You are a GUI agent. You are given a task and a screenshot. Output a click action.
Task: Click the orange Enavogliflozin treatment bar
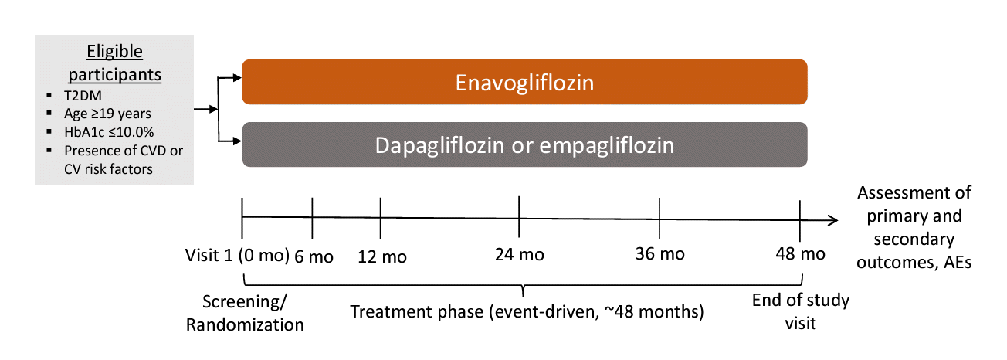524,82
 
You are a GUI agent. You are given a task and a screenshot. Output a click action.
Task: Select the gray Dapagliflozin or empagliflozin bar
524,144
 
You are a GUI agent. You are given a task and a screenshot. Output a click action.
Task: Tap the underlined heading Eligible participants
114,63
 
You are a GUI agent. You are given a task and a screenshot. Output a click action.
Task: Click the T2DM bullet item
83,95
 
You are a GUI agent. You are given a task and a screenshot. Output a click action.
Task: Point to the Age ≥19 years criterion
107,114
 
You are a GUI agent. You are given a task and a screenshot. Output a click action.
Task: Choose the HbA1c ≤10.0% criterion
109,132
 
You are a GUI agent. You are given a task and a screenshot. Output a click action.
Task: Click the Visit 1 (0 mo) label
237,255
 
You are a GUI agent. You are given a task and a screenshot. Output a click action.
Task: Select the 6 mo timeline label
314,256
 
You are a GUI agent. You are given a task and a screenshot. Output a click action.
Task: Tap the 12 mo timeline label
382,256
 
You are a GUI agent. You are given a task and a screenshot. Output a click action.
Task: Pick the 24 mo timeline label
520,254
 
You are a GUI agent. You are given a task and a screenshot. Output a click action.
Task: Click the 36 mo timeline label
660,254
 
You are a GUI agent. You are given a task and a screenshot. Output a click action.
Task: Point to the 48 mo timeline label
800,254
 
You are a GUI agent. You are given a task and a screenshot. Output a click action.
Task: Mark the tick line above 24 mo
519,216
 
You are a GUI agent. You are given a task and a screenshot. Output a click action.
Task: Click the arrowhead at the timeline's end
832,220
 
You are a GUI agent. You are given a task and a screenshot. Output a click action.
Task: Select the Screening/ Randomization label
245,313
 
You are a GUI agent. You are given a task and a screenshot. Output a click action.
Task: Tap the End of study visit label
801,311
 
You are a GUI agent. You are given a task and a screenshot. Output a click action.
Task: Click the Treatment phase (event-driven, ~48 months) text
527,311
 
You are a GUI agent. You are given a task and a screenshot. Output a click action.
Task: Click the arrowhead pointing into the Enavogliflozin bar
237,78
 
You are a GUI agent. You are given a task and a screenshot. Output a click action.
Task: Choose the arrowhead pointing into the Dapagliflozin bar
237,141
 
